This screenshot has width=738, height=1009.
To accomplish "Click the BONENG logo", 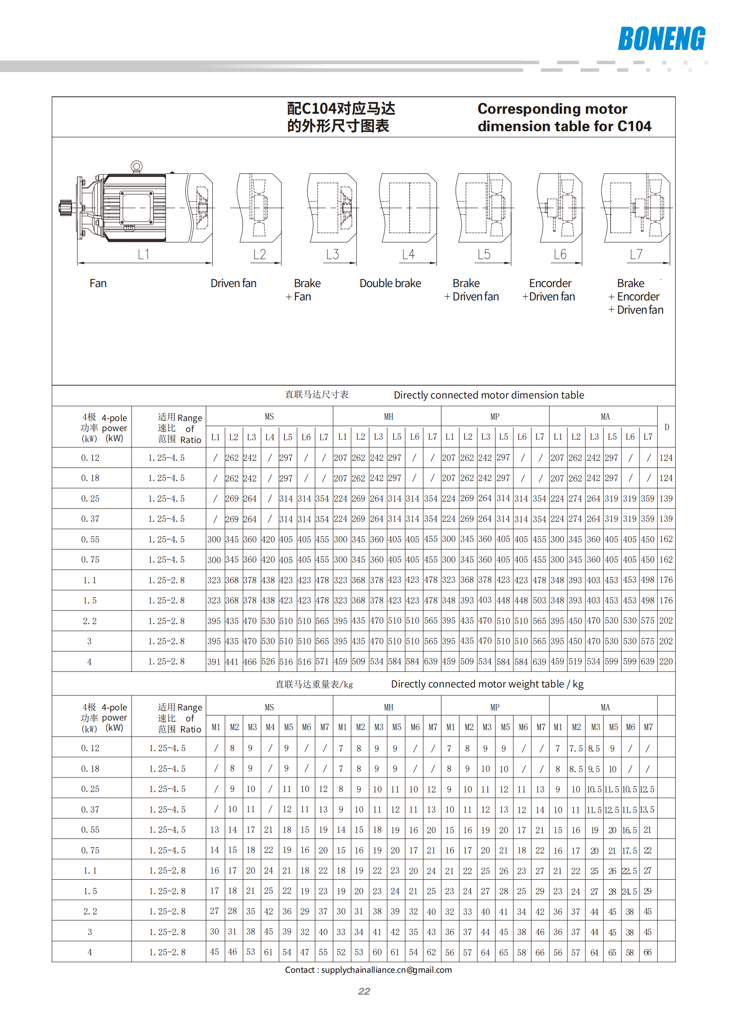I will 661,39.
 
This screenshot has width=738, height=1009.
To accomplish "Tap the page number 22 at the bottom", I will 364,991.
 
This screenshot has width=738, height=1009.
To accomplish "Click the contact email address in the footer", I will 386,970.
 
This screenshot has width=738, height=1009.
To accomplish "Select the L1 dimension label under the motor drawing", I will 143,255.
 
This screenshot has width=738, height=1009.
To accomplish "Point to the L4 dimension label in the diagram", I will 408,255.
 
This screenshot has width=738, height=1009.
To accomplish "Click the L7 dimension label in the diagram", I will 636,255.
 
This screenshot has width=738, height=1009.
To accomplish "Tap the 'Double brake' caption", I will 390,283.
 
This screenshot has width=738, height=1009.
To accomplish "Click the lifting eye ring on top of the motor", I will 136,166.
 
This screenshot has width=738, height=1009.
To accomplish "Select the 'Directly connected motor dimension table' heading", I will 489,395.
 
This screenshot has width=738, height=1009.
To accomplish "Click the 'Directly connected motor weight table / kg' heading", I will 487,684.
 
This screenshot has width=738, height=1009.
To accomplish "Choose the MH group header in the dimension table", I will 388,416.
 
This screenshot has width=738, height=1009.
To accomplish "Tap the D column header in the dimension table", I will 666,427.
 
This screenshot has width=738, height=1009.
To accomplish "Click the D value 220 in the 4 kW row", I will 666,661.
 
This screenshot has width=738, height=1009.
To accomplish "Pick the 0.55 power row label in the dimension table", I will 90,539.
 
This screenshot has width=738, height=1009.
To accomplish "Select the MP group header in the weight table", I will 495,707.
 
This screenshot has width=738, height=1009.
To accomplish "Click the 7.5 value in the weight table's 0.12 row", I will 576,748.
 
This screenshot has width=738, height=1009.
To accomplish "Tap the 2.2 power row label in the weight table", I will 90,911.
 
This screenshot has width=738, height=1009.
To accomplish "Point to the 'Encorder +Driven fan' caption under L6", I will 550,290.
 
